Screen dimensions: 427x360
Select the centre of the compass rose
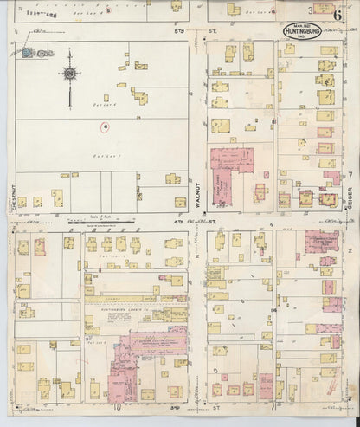[67, 75]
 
